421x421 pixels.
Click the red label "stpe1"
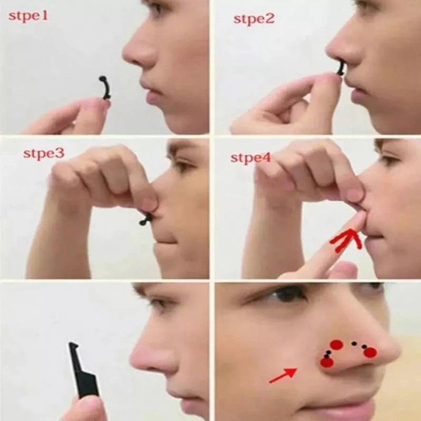pyautogui.click(x=28, y=16)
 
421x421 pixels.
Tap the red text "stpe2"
pyautogui.click(x=254, y=19)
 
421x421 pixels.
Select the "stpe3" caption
pyautogui.click(x=44, y=154)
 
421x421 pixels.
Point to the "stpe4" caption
pyautogui.click(x=250, y=157)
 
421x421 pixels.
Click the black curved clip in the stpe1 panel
pyautogui.click(x=105, y=87)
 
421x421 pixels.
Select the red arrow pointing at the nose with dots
pyautogui.click(x=282, y=376)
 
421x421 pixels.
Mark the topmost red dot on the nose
pyautogui.click(x=337, y=345)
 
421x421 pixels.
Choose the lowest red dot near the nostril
pyautogui.click(x=327, y=362)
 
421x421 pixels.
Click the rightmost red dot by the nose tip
pyautogui.click(x=370, y=352)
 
